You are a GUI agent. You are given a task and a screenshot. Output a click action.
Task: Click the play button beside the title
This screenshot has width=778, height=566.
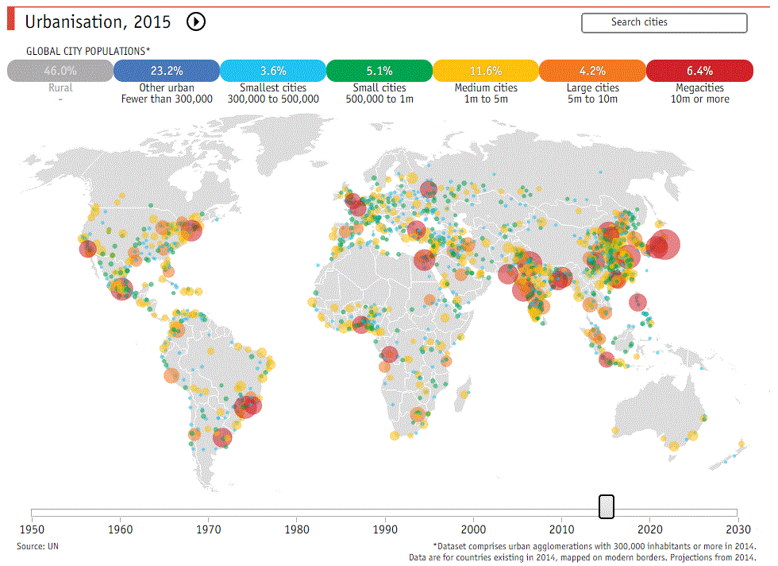(x=195, y=22)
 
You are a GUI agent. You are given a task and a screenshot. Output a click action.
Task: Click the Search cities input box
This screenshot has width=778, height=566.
(x=664, y=22)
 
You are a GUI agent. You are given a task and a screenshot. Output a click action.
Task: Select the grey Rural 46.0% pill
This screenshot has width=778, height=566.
(x=60, y=71)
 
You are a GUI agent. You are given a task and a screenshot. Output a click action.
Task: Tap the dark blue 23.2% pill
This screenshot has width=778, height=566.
(x=166, y=71)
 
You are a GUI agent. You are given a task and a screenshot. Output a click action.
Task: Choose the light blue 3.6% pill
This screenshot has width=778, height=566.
(x=272, y=71)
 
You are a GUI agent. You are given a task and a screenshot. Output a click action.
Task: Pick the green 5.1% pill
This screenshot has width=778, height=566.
(x=379, y=71)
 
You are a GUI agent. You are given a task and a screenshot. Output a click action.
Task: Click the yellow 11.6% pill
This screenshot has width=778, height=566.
(x=485, y=71)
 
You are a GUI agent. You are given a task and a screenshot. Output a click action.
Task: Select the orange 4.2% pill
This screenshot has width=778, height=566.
(x=591, y=71)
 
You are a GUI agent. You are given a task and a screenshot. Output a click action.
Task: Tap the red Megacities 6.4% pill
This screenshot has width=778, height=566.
(x=699, y=71)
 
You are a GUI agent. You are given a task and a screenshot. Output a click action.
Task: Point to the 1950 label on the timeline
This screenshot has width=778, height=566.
(x=32, y=529)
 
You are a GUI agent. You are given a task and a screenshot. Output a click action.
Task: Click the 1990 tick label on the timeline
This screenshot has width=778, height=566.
(x=385, y=529)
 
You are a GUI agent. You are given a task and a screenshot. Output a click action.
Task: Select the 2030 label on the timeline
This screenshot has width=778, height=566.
(x=738, y=529)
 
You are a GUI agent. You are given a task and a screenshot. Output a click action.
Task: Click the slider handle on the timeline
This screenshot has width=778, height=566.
(x=606, y=506)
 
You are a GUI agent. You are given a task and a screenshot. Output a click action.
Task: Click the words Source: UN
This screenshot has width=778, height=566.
(x=37, y=546)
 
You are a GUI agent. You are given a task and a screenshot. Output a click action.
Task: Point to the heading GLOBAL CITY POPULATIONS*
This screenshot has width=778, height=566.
(x=87, y=50)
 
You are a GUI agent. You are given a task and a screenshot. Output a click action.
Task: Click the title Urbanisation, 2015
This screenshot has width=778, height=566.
(x=98, y=22)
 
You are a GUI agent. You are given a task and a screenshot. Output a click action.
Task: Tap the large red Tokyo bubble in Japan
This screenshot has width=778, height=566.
(x=664, y=245)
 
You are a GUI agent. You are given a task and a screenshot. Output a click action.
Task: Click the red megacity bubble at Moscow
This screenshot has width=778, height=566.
(x=429, y=189)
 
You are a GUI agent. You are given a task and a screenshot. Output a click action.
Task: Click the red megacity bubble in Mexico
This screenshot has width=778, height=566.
(x=121, y=288)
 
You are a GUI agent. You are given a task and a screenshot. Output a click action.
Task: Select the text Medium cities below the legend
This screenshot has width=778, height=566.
(x=485, y=87)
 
